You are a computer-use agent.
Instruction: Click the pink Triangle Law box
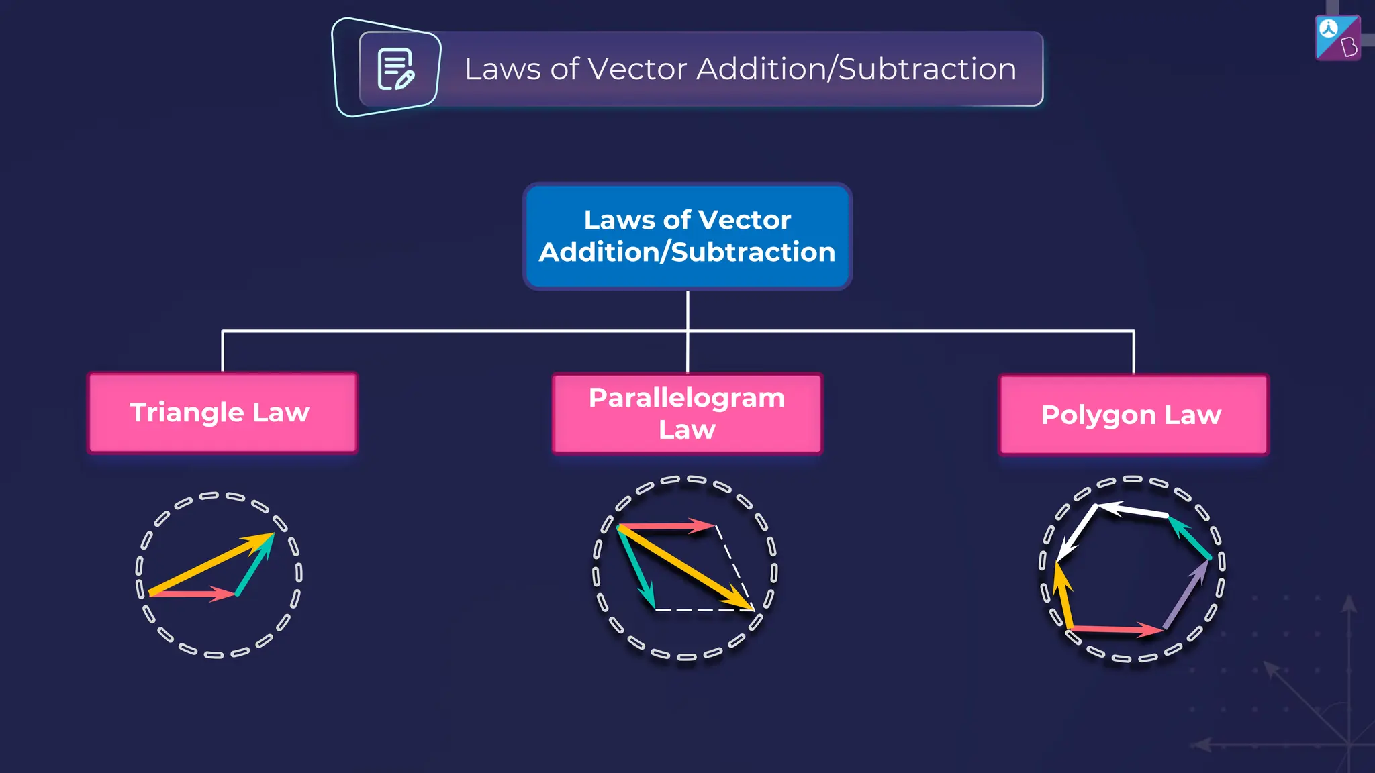pos(222,413)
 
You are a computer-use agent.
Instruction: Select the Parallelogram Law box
pos(687,413)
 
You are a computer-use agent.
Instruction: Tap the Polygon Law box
pos(1133,415)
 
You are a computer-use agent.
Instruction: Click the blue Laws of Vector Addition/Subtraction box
pos(687,236)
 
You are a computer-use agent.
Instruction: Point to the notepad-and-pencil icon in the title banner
pos(395,68)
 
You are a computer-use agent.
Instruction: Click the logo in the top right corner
pos(1337,38)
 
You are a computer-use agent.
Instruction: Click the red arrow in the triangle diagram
pos(191,594)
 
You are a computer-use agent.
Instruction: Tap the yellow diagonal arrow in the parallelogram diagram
pos(685,568)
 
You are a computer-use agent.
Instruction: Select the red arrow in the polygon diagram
pos(1115,629)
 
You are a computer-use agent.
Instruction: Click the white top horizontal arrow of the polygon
pos(1135,511)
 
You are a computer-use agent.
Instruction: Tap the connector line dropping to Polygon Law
pos(1133,352)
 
